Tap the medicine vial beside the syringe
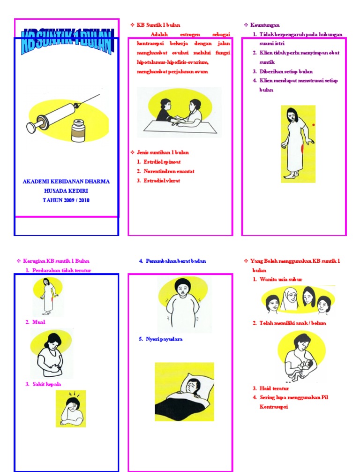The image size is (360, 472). (x=78, y=130)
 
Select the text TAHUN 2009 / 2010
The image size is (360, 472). (x=66, y=200)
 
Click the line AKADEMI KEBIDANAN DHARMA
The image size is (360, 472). (x=66, y=182)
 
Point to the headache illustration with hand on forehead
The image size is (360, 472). (x=71, y=409)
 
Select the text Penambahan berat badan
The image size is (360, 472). (x=175, y=261)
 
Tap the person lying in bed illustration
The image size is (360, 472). (x=184, y=385)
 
